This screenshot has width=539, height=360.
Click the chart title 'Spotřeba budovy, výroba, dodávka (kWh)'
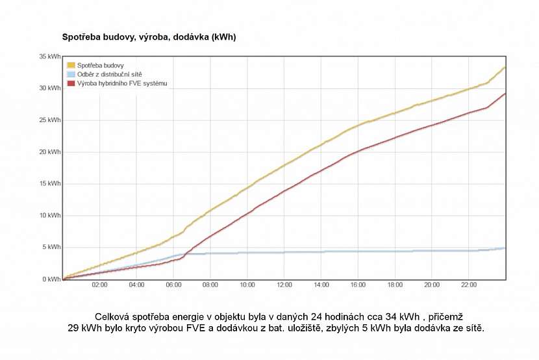(x=148, y=37)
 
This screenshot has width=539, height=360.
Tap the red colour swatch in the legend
(x=71, y=83)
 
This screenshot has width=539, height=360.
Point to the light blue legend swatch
(x=71, y=74)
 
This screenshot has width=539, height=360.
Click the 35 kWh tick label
(x=50, y=57)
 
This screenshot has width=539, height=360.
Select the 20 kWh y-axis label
(x=50, y=152)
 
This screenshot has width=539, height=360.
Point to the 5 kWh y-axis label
(x=51, y=248)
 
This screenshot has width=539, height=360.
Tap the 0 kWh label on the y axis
(x=51, y=279)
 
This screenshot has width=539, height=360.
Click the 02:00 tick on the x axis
(x=99, y=285)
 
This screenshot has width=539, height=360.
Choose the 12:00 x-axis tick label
(x=284, y=285)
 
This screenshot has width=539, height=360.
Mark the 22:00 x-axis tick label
(x=469, y=285)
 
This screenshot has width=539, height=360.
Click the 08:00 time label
(x=210, y=285)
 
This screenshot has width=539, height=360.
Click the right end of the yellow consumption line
(x=505, y=67)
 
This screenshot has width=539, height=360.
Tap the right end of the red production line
(x=505, y=94)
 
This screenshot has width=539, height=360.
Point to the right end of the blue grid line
(x=505, y=248)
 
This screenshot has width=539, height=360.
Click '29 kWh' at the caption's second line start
(x=81, y=329)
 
